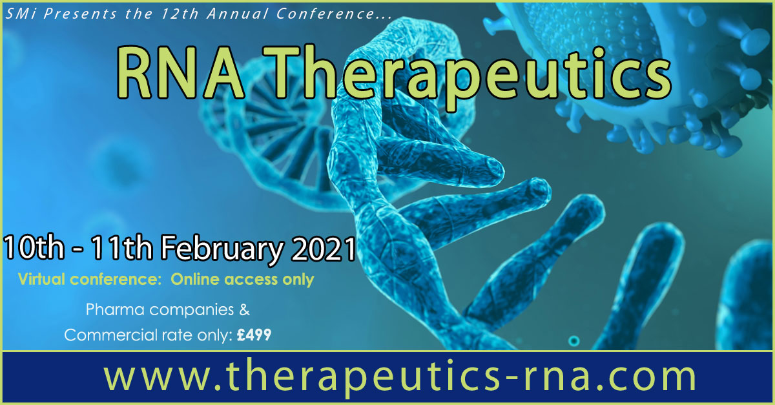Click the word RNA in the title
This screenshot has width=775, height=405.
point(181,73)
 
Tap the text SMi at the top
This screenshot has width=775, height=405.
point(21,14)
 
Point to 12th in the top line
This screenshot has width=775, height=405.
point(180,14)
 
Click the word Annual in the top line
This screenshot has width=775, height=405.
point(238,14)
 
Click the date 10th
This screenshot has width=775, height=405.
point(34,247)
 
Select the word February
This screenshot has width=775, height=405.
point(222,250)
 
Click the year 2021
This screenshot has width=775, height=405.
point(324,248)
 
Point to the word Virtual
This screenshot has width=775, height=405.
point(41,279)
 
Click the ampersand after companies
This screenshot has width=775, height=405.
point(244,309)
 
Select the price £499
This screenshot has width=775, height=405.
point(254,335)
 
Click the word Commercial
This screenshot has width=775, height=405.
point(109,335)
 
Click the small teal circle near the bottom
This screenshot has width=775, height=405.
point(574,341)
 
